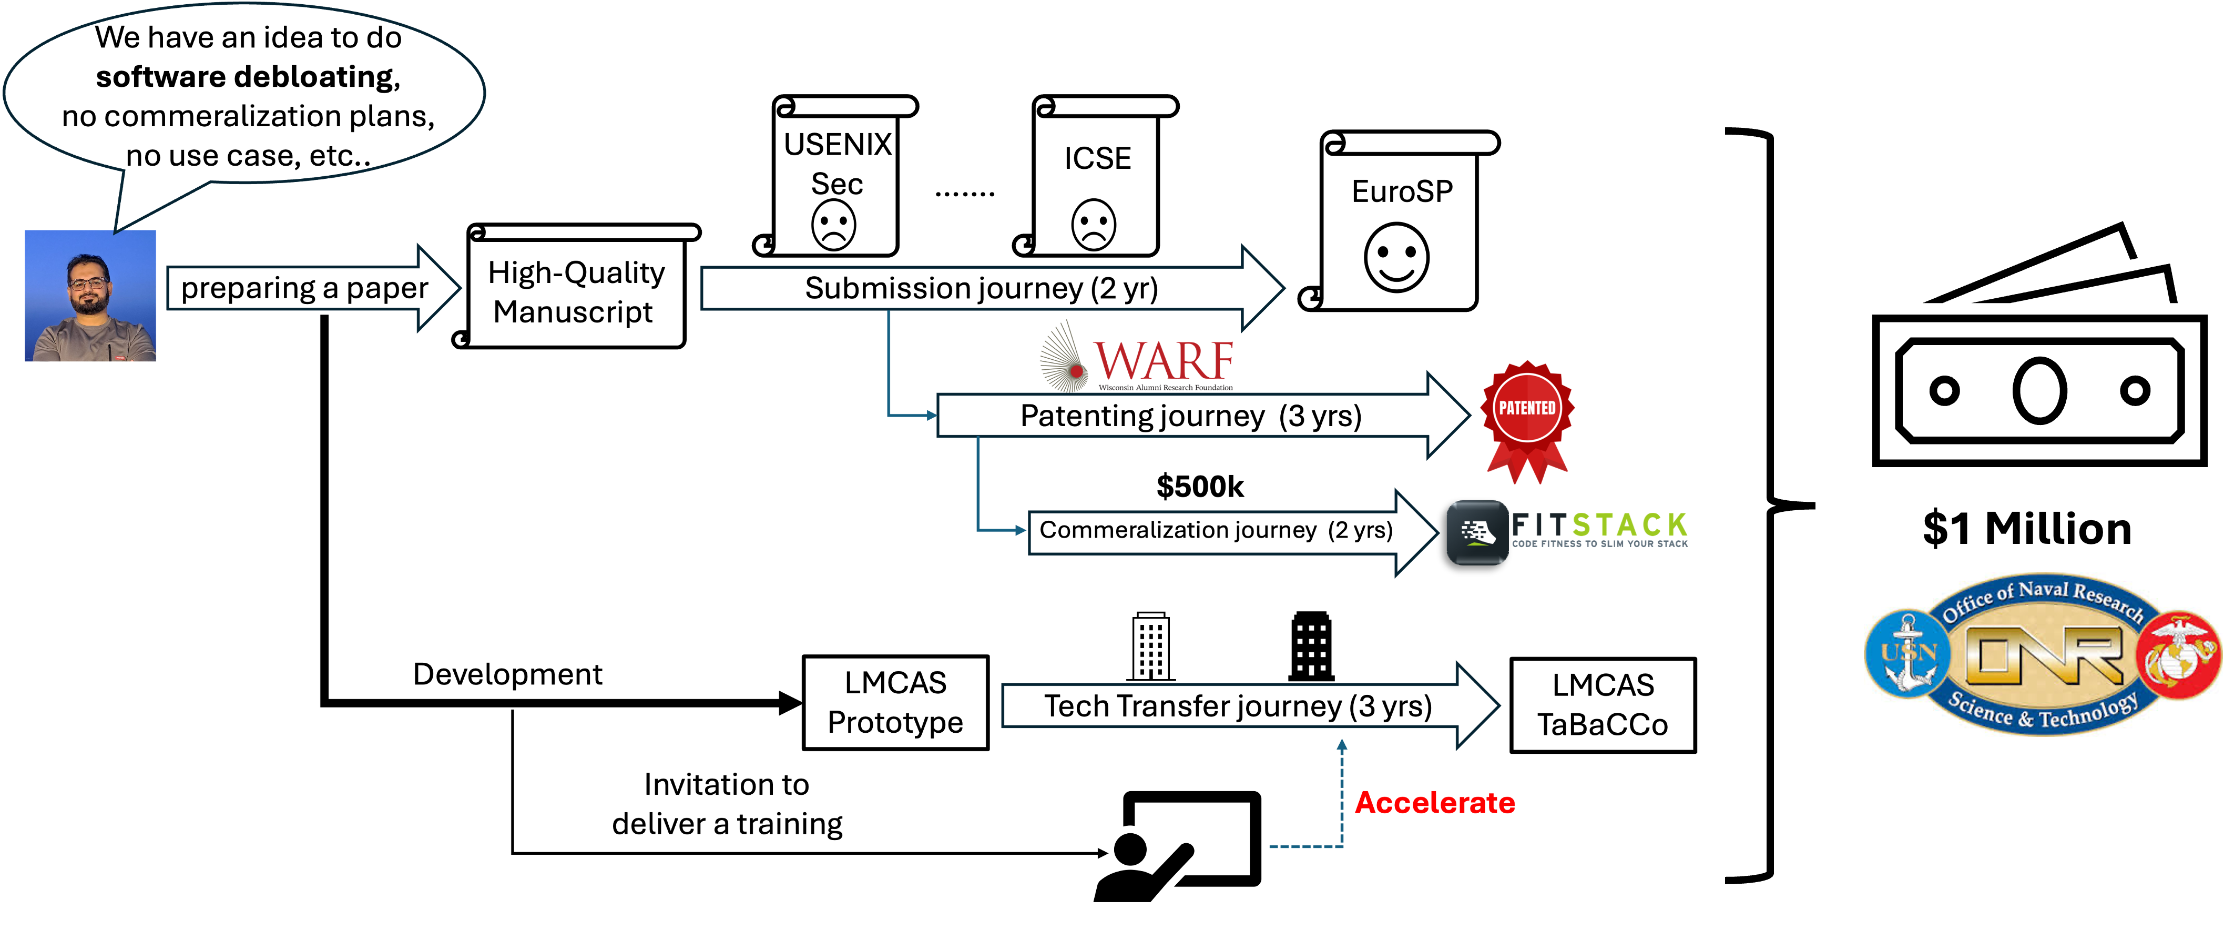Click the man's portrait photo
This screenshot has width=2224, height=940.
90,296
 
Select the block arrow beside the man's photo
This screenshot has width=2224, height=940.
311,288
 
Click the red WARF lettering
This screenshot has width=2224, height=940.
1163,361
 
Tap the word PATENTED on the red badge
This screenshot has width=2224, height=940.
1526,408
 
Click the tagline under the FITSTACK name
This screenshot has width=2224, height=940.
1599,544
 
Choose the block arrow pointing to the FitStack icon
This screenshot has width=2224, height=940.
1226,533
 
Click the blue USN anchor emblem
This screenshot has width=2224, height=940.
1908,654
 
